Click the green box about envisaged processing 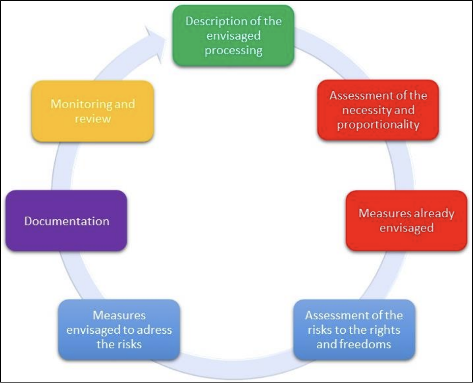(x=233, y=36)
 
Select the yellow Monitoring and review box (x=92, y=111)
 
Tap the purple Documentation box (x=66, y=221)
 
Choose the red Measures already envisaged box (x=406, y=221)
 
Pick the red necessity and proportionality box (x=378, y=110)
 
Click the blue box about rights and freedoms (x=354, y=330)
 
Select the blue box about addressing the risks (x=119, y=330)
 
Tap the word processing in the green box (x=233, y=51)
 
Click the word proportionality (x=378, y=125)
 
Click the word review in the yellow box (x=92, y=119)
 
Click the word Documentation (x=67, y=221)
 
